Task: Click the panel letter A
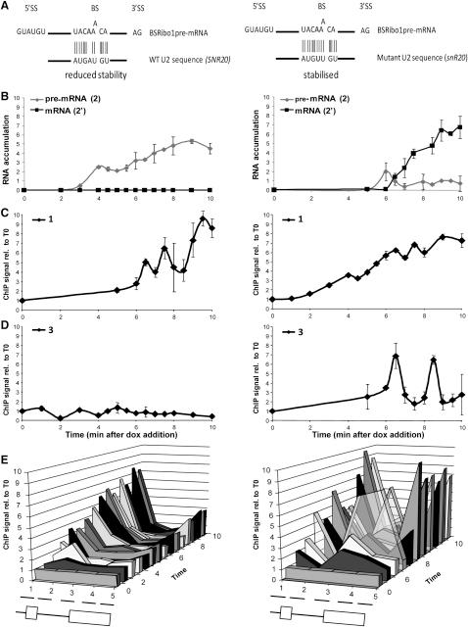click(6, 6)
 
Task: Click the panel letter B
click(6, 96)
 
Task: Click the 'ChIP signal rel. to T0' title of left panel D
click(11, 369)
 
